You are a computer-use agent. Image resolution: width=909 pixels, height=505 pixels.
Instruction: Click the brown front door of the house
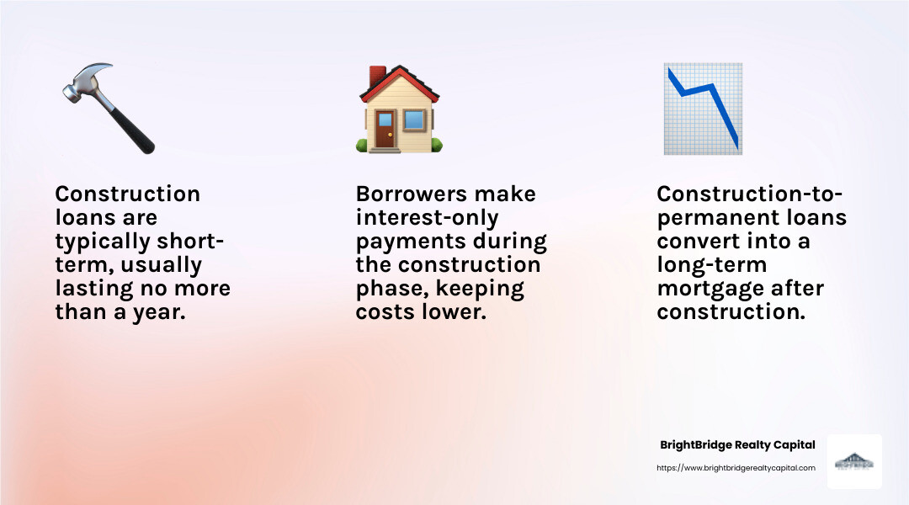384,131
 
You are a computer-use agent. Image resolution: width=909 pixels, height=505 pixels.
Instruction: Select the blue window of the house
414,121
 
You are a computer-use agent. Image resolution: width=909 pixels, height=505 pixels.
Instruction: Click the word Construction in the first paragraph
128,194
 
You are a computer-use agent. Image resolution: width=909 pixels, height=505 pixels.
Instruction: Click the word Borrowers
407,194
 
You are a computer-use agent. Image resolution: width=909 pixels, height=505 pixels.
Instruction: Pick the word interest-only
427,218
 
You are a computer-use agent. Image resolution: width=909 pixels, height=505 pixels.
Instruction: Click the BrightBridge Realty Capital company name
736,445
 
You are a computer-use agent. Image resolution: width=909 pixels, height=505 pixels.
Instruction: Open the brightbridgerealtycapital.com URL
736,468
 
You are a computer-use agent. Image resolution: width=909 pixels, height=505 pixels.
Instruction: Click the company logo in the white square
853,462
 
